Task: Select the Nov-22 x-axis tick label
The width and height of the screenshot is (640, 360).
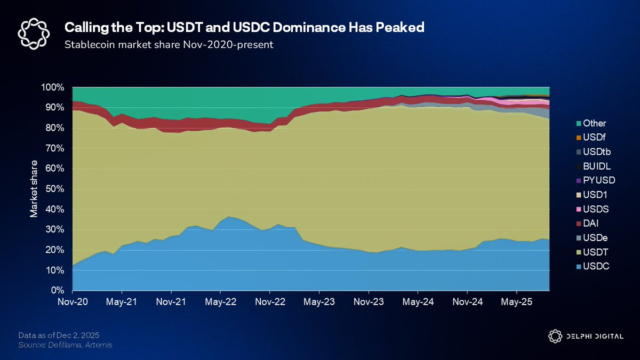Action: click(270, 301)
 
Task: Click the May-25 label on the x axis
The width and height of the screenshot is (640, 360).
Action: click(516, 301)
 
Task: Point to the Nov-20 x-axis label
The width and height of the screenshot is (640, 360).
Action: click(73, 301)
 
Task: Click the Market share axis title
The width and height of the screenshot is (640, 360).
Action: click(34, 188)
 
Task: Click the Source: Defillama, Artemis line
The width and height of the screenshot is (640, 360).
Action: click(66, 346)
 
